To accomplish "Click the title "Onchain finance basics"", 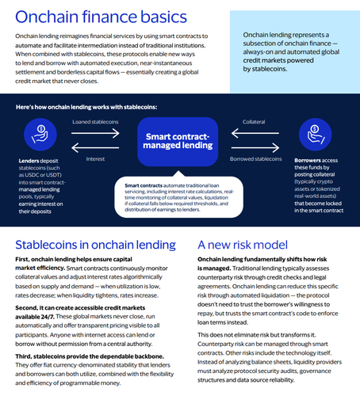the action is point(101,17).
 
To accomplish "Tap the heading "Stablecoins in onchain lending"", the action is point(95,245).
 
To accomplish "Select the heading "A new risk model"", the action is point(243,245).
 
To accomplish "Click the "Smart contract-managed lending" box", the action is point(178,142).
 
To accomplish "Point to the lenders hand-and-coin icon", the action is point(40,135).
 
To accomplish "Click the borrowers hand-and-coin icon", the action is point(315,135).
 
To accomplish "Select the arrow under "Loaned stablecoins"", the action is point(95,133).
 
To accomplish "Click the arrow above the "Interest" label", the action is point(95,147).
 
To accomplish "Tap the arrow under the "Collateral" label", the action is point(255,133).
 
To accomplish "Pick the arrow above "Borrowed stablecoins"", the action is point(255,147).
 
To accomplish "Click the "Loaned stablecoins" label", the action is point(95,122).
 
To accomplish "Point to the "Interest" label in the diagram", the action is point(95,159).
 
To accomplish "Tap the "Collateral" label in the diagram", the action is point(254,122).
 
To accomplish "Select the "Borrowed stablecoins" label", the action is point(255,159).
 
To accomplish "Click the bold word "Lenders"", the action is point(29,161).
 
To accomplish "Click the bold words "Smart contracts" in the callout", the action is point(144,185).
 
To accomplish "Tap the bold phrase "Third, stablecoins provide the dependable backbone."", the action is point(90,356).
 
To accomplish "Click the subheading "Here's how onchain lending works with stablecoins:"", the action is point(86,107).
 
